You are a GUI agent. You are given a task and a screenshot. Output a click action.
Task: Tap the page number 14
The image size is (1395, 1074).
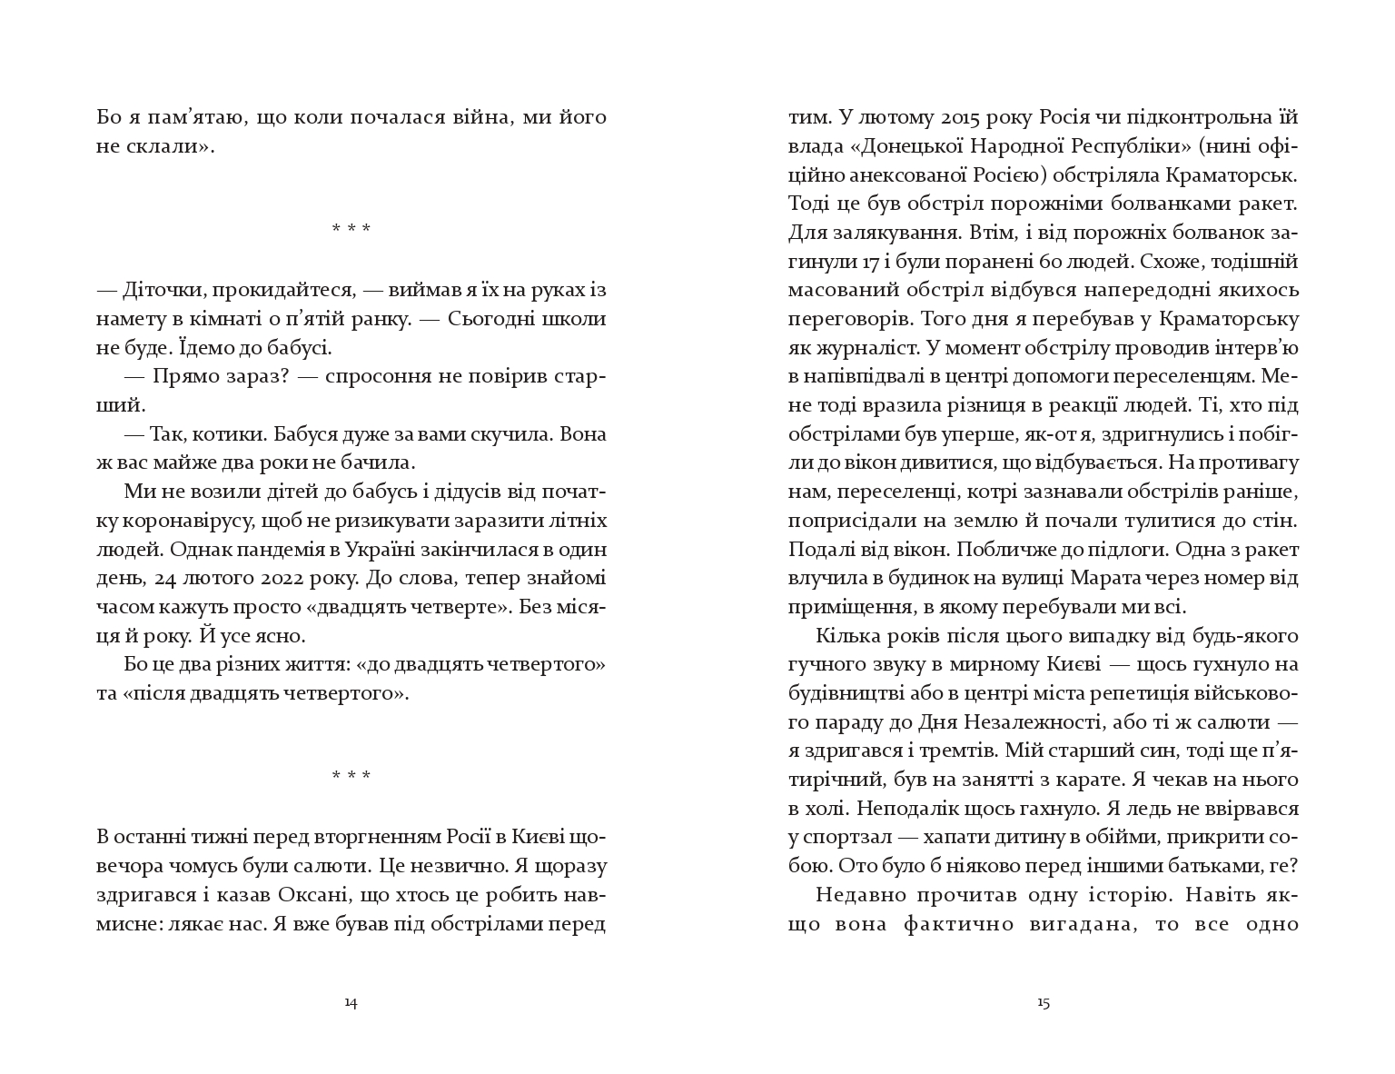click(351, 1003)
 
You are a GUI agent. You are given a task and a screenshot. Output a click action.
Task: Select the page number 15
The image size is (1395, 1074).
click(1043, 1003)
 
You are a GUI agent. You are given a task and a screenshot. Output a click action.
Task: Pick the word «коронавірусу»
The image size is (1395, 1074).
click(177, 522)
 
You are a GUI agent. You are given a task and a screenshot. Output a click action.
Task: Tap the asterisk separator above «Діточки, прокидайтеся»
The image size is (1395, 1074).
click(351, 228)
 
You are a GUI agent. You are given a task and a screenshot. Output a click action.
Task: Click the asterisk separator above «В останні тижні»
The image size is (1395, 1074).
click(351, 776)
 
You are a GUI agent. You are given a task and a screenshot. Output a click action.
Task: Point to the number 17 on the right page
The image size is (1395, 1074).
click(872, 262)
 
